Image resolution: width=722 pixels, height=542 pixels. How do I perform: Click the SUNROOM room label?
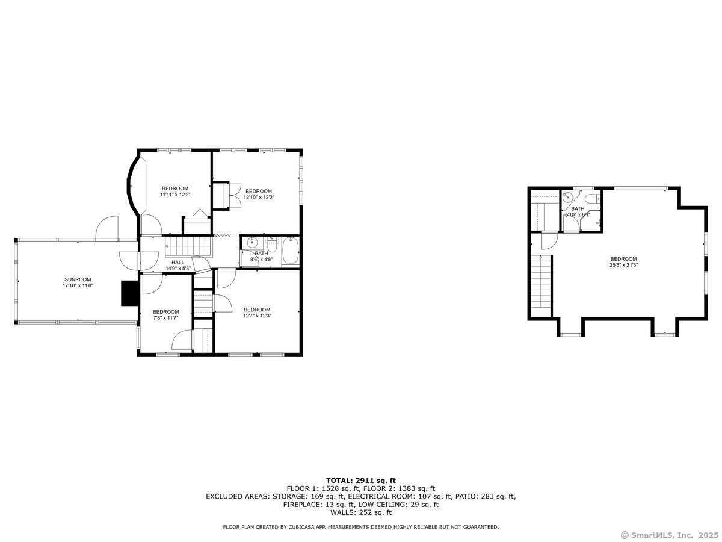[x=78, y=279]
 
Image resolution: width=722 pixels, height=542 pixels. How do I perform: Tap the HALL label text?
[x=177, y=263]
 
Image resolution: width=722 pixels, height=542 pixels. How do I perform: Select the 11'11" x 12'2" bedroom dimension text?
[x=175, y=195]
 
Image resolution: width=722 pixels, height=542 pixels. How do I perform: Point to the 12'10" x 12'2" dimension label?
[x=259, y=198]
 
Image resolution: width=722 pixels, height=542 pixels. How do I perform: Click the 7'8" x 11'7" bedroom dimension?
[x=166, y=318]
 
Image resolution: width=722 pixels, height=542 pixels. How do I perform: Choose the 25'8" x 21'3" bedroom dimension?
[x=624, y=264]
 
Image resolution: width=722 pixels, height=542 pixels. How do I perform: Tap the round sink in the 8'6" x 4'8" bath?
[x=252, y=243]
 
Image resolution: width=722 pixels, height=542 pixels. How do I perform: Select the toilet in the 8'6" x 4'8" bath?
[x=272, y=244]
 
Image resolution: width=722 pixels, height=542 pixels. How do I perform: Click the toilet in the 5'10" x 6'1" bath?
[x=593, y=199]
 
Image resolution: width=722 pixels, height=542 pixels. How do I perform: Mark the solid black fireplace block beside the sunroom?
[x=130, y=293]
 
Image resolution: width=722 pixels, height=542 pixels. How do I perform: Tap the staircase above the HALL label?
[x=188, y=246]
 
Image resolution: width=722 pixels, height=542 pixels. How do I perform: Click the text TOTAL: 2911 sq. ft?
[x=361, y=481]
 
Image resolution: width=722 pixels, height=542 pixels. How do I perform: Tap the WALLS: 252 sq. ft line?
[x=361, y=512]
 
